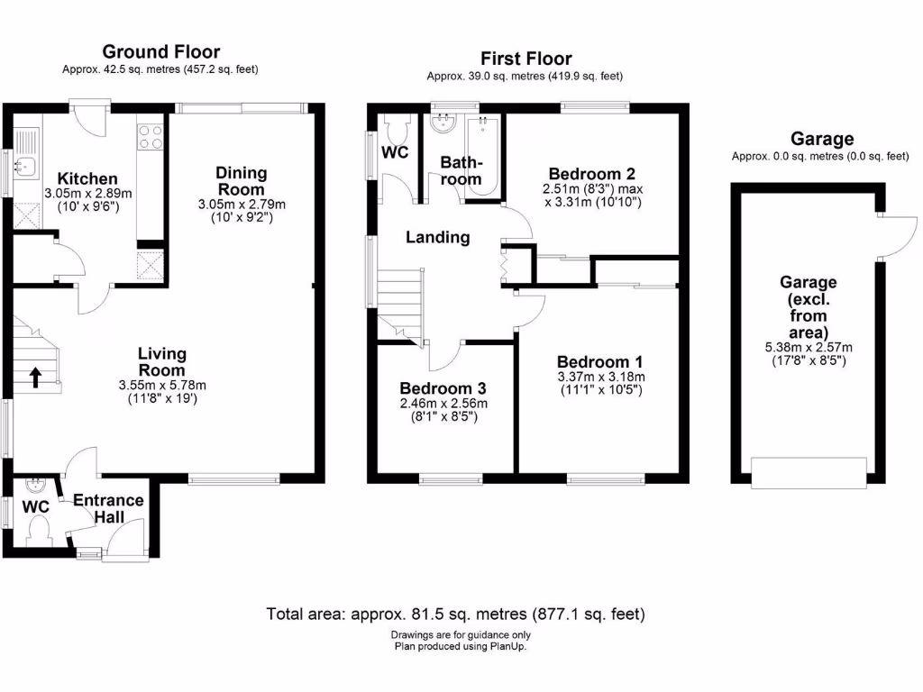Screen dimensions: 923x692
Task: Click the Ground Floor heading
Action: pyautogui.click(x=160, y=51)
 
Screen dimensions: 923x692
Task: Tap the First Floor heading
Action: pyautogui.click(x=526, y=59)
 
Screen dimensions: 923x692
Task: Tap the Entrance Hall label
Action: pyautogui.click(x=108, y=509)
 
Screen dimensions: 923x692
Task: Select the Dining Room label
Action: pyautogui.click(x=241, y=181)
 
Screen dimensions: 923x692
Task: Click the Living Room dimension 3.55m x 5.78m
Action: pyautogui.click(x=161, y=384)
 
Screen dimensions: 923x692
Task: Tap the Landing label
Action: pyautogui.click(x=437, y=238)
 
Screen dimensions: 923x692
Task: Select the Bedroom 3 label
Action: pyautogui.click(x=443, y=388)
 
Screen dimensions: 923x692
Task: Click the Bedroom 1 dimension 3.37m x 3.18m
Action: pyautogui.click(x=601, y=377)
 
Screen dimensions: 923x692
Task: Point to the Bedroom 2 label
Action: pyautogui.click(x=585, y=174)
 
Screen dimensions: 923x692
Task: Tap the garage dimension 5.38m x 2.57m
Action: pyautogui.click(x=802, y=347)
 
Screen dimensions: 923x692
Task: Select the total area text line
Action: pyautogui.click(x=456, y=615)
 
